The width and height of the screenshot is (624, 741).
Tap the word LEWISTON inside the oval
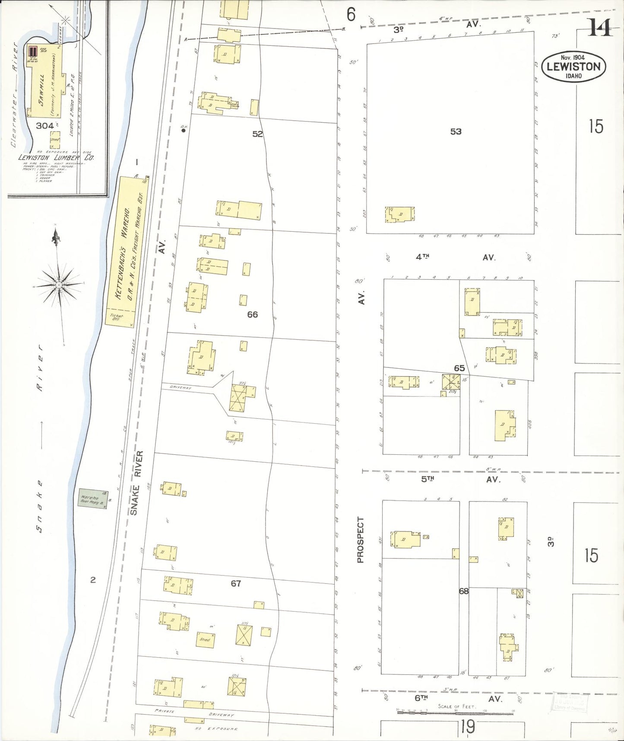coord(573,67)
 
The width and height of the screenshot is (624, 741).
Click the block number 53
coord(456,131)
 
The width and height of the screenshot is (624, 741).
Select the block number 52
coord(257,134)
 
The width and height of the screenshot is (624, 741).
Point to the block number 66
coord(252,314)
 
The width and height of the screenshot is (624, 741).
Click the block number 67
coord(235,584)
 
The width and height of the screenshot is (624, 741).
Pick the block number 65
coord(459,368)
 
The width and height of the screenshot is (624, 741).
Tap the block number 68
coord(463,591)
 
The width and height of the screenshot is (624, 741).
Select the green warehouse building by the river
coord(92,498)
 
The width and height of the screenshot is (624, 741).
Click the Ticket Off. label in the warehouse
coord(117,317)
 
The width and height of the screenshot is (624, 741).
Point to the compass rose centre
coord(58,285)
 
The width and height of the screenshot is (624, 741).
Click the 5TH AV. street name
coord(460,479)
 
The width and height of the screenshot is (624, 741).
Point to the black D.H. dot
coord(184,130)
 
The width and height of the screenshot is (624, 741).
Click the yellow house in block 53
coord(399,214)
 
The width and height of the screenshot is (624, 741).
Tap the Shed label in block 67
coord(205,639)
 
